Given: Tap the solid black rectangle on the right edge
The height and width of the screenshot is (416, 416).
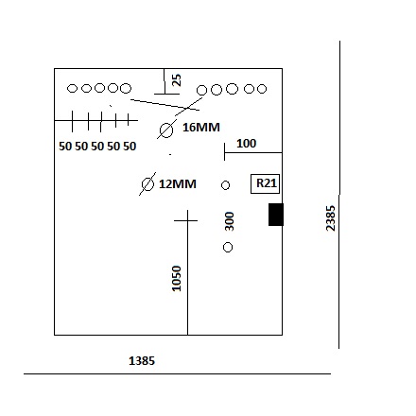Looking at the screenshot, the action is click(276, 215).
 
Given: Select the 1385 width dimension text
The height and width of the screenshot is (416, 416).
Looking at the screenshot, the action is click(142, 361).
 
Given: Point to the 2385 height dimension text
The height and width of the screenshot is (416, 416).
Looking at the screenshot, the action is click(330, 218).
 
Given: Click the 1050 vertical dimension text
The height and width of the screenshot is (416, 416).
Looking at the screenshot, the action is click(177, 279).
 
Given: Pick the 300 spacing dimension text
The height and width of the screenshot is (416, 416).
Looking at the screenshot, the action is click(230, 221).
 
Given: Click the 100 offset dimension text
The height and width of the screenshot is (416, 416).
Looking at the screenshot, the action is click(246, 144).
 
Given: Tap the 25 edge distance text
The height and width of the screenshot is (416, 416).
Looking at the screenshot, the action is click(177, 80).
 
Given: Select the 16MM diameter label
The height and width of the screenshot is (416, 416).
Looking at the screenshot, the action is click(201, 128).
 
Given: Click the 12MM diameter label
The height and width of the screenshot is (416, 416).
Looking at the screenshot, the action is click(178, 184).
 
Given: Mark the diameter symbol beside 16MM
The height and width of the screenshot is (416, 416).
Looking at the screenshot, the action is click(166, 130).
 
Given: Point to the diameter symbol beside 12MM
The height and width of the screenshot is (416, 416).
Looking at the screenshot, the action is click(147, 184).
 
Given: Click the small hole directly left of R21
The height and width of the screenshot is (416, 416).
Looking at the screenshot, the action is click(225, 185).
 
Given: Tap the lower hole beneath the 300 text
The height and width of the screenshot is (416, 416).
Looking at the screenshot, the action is click(228, 248).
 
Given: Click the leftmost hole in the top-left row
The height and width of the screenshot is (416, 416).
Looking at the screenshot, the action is click(72, 88).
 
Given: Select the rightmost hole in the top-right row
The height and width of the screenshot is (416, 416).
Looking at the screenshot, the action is click(262, 89).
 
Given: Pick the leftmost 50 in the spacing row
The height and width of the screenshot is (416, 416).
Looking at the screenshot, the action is click(65, 147).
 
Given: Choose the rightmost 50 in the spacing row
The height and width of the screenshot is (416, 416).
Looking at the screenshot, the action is click(130, 147).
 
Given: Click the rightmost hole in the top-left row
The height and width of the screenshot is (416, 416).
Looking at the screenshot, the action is click(126, 88).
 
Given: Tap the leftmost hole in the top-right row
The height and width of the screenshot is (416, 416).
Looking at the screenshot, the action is click(201, 91).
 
